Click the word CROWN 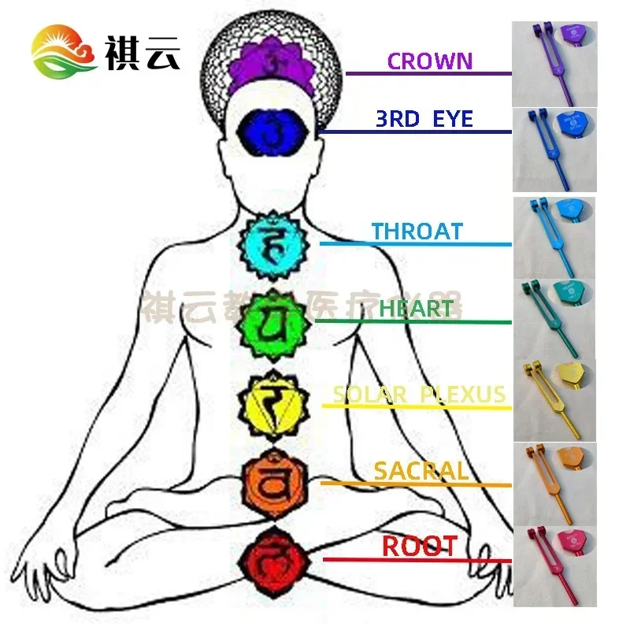pos(429,61)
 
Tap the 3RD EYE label pos(424,119)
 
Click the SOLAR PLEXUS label pos(418,394)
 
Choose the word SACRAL pos(421,471)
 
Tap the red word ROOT pos(419,546)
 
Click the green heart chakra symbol pos(272,323)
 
